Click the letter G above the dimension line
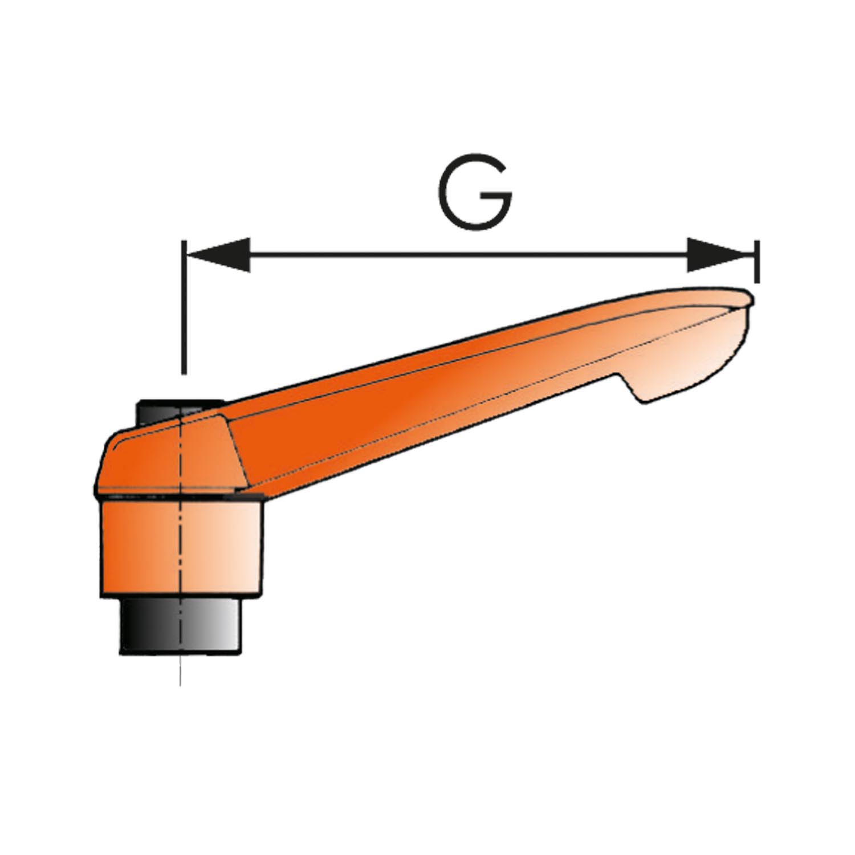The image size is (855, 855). point(475,192)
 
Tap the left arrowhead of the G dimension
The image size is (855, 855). point(218,255)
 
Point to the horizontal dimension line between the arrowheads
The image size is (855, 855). point(469,255)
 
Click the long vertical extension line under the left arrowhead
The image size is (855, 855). point(183,307)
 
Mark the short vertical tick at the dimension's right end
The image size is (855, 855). point(756,262)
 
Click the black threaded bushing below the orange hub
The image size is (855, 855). point(180,625)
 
